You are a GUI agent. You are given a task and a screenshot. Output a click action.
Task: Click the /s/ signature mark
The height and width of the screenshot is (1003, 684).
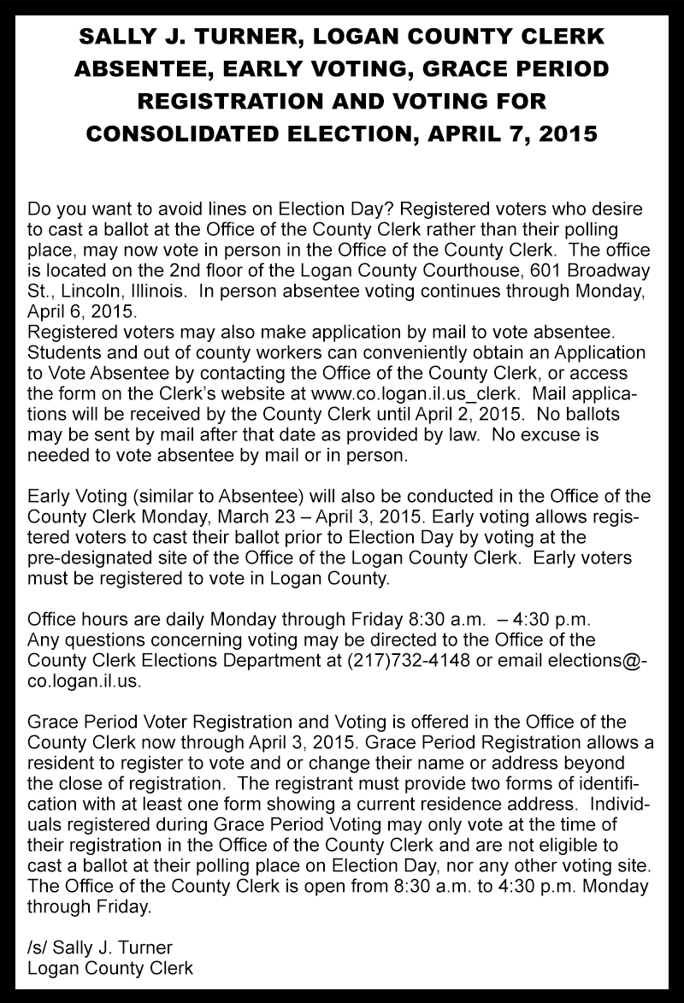point(38,947)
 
